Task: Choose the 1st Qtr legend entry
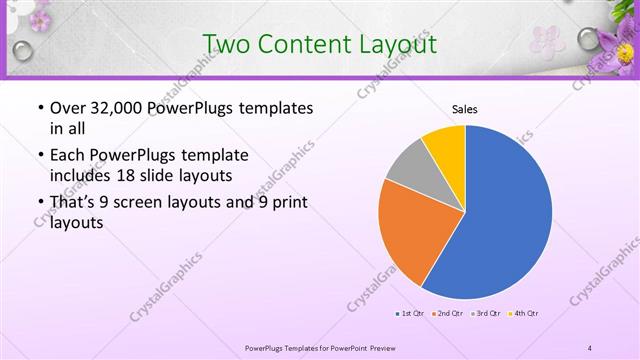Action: (411, 314)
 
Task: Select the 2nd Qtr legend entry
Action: (449, 314)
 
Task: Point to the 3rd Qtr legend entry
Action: (487, 314)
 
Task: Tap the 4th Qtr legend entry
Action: (525, 314)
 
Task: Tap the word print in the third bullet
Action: (288, 203)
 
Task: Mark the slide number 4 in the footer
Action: (590, 347)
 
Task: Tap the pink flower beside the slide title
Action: (547, 40)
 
